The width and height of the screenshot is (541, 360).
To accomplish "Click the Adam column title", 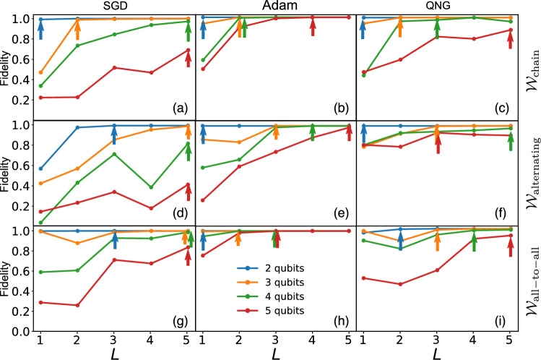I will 275,6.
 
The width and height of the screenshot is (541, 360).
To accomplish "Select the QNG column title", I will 436,6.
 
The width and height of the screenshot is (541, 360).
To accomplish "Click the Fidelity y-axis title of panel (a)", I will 7,63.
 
